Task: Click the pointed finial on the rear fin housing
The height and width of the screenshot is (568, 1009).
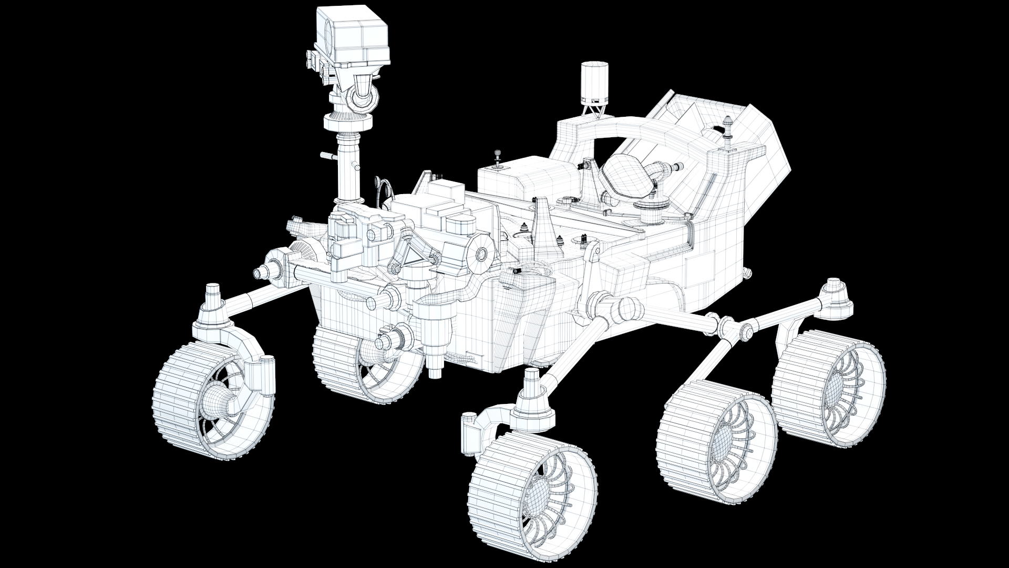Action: [x=727, y=124]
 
